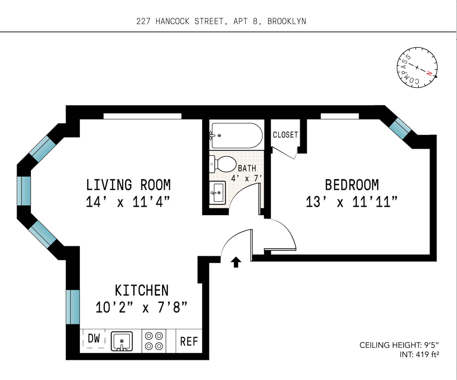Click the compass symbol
(417, 68)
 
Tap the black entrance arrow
(236, 262)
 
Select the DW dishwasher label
(94, 339)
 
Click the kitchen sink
(122, 341)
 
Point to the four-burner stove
(154, 341)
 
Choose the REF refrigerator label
(189, 341)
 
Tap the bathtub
(236, 135)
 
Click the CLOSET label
(285, 135)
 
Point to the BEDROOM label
(352, 185)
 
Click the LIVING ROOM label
(128, 185)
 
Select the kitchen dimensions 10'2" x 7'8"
(141, 308)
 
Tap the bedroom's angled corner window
(400, 128)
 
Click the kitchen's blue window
(73, 307)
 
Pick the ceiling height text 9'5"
(431, 345)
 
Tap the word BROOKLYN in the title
(287, 21)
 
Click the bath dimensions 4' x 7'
(247, 179)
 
